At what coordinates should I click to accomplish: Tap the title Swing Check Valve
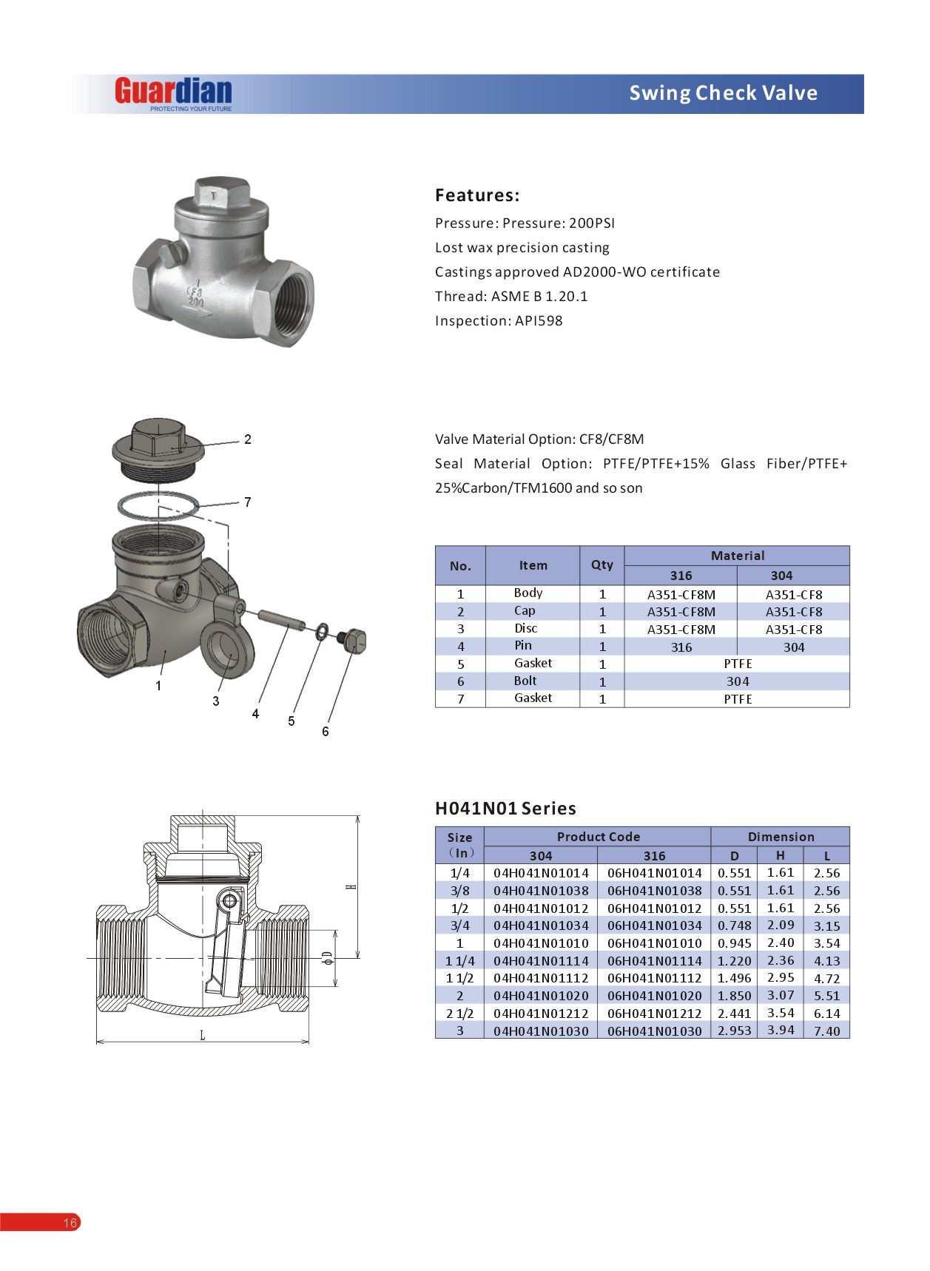pos(723,93)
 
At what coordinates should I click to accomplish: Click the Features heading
pos(477,195)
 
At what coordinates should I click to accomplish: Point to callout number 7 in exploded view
pos(248,502)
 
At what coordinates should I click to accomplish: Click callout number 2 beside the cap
pos(248,439)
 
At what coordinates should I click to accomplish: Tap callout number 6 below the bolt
pos(325,732)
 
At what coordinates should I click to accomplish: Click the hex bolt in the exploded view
pos(353,640)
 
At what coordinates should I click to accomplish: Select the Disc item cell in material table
pos(526,629)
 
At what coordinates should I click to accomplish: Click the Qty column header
pos(602,565)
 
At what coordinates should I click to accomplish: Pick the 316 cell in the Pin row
pos(681,647)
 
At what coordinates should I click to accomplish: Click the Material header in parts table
pos(737,556)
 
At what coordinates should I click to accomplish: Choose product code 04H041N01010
pos(541,943)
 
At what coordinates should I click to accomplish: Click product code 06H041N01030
pos(654,1031)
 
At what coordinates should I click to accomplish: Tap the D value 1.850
pos(734,996)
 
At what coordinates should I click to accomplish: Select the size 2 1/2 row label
pos(459,1014)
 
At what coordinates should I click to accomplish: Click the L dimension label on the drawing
pos(202,1035)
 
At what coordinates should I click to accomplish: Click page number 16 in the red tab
pos(70,1223)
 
